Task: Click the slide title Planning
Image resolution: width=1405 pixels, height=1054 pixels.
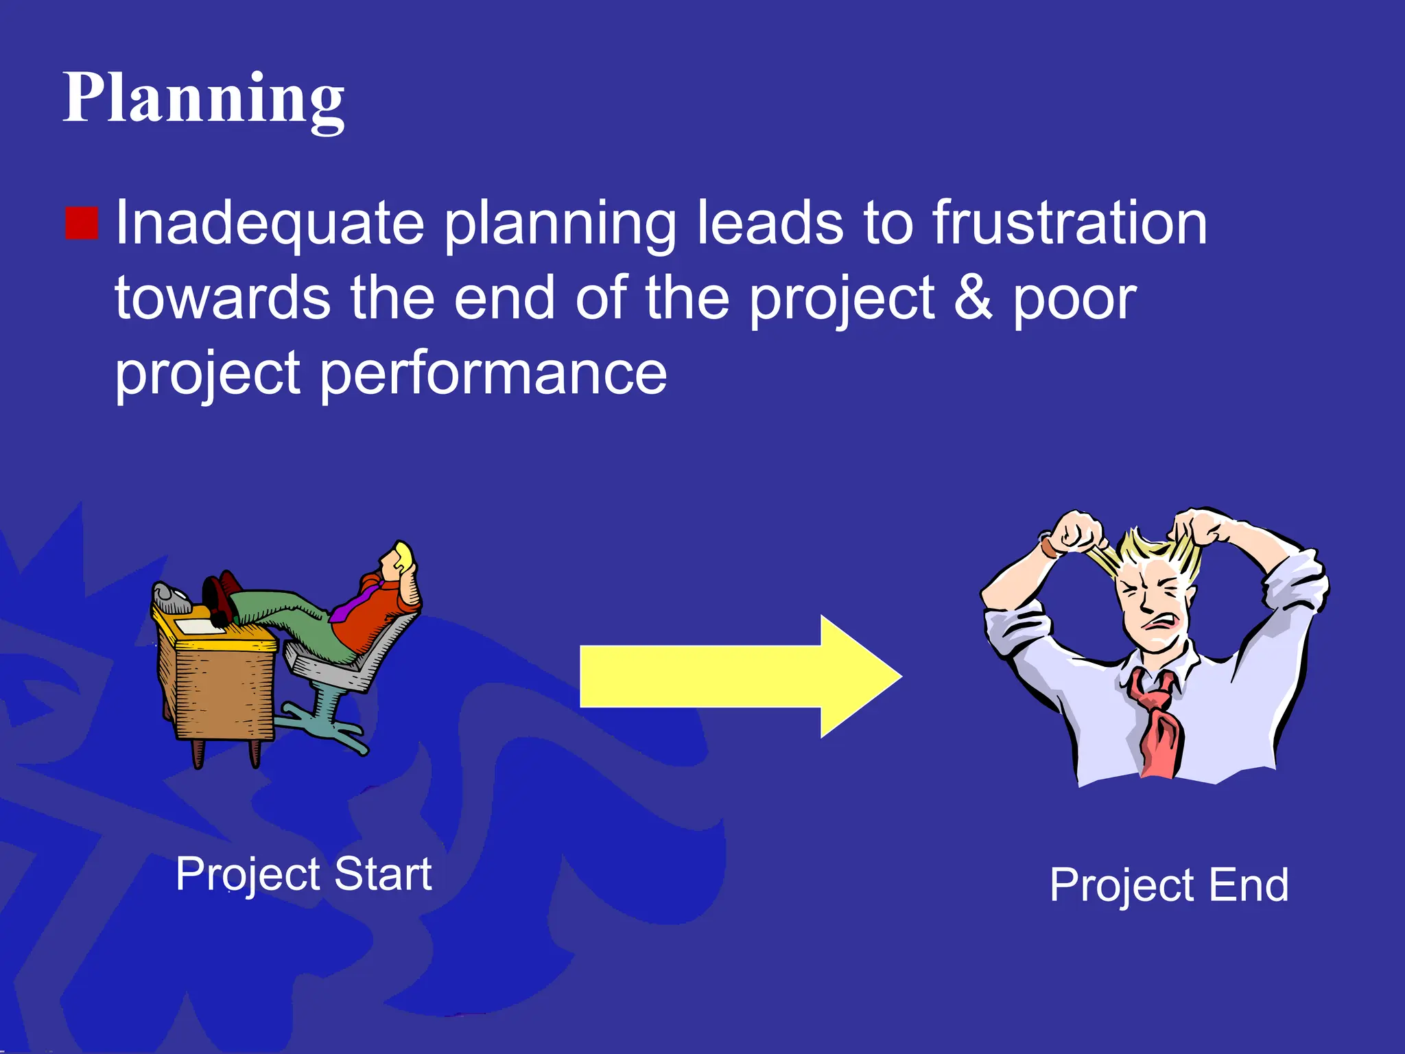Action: pos(203,99)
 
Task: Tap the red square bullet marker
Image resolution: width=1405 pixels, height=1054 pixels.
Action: pos(82,223)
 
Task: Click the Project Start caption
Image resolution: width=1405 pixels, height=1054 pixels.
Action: pos(303,874)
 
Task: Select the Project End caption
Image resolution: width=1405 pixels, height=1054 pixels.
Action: pos(1169,885)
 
